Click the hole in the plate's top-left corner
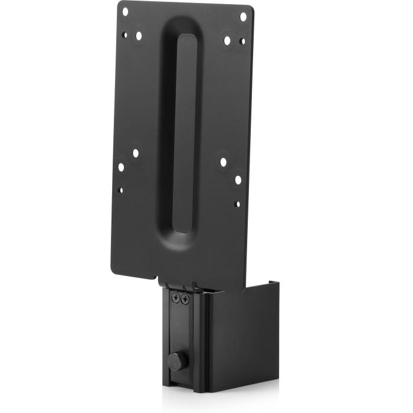[124, 10]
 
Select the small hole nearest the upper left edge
[124, 34]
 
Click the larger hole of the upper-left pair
[139, 36]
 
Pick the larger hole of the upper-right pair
[227, 41]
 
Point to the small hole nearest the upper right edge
[242, 42]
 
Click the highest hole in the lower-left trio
[135, 153]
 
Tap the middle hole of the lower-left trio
[121, 167]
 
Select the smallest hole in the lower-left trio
[120, 190]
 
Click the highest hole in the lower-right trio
[224, 162]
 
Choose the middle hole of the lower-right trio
[238, 179]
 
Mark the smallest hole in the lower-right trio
[237, 204]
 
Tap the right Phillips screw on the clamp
[185, 300]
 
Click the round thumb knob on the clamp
[175, 361]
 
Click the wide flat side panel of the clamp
[236, 336]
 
